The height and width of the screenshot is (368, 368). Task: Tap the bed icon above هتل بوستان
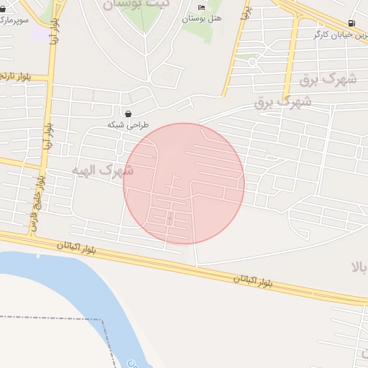[201, 7]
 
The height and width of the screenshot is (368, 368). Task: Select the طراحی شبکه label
[127, 124]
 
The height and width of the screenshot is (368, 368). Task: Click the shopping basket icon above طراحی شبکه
[128, 114]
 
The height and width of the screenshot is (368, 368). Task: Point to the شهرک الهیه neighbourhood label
[103, 171]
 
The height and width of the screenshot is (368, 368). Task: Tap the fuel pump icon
[351, 23]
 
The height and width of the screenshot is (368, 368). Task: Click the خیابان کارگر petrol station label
[340, 34]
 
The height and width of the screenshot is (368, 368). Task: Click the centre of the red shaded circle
[184, 183]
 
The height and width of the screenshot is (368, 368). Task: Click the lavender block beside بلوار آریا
[37, 32]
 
